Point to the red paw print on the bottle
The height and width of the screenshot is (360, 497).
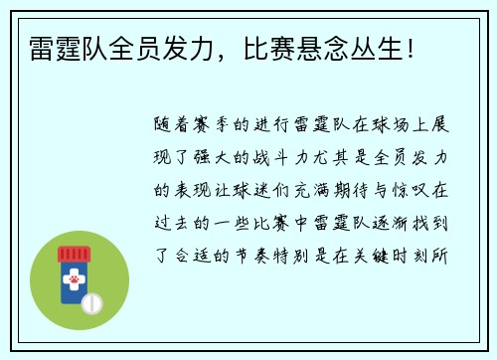(x=74, y=281)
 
